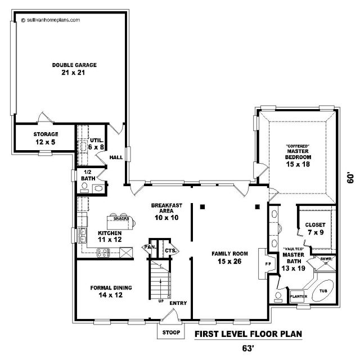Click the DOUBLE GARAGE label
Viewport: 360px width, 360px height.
(74, 65)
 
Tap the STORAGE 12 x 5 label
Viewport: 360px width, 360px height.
(46, 138)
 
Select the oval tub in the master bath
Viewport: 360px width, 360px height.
(322, 291)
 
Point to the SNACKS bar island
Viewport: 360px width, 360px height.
(120, 223)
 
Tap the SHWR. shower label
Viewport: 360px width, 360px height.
(326, 259)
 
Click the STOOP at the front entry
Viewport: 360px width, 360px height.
(171, 332)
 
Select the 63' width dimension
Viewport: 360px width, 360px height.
(247, 348)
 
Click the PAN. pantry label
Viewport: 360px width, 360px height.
(150, 247)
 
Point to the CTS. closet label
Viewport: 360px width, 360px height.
(170, 250)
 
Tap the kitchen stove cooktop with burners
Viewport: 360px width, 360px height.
(103, 253)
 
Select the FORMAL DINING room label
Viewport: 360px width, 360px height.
(111, 287)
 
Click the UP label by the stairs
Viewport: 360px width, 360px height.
(161, 301)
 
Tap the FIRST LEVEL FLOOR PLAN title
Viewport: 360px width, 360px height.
(248, 334)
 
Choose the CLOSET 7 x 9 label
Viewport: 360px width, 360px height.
(316, 228)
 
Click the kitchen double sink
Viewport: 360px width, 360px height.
(82, 236)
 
